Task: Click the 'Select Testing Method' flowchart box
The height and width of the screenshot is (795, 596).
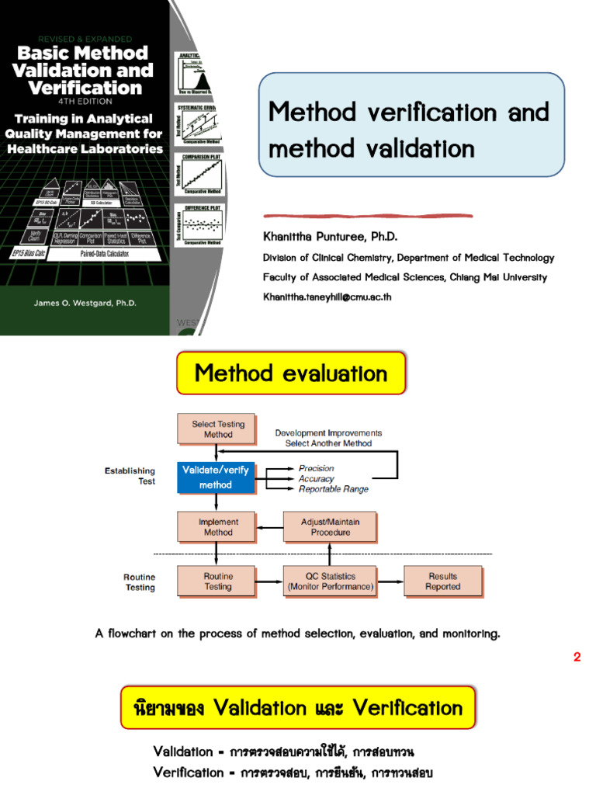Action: [218, 429]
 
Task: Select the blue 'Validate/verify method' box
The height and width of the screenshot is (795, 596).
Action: [216, 477]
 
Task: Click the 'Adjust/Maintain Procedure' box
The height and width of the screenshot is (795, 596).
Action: [330, 527]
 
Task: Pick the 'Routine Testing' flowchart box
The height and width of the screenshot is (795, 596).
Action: [218, 581]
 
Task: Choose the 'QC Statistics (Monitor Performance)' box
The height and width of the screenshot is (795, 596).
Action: [330, 581]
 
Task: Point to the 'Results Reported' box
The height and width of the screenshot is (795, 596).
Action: [442, 581]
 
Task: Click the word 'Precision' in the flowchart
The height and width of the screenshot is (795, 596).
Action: [317, 468]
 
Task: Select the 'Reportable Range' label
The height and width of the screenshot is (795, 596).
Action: [334, 489]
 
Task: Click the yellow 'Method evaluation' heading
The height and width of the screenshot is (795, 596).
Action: [291, 373]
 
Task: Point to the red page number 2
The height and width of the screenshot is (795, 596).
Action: [577, 657]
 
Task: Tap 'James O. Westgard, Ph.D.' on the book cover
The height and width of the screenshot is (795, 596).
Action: [85, 303]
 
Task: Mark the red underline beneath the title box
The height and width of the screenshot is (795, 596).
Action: [368, 215]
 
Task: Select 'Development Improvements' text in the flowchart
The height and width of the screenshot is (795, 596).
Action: [328, 433]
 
